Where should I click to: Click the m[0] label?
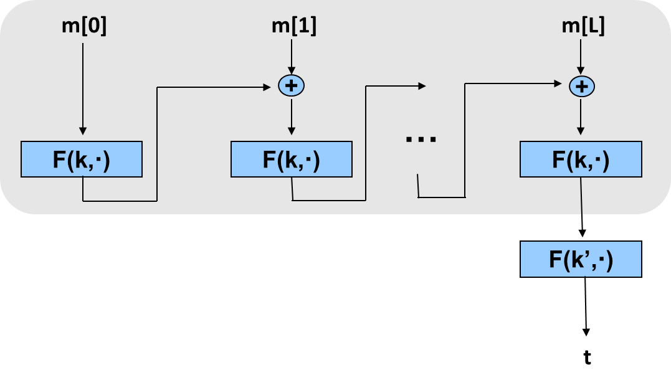point(83,27)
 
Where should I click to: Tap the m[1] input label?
point(293,27)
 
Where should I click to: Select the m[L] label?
point(583,27)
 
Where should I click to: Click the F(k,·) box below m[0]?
point(82,159)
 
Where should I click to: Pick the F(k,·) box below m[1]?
point(291,159)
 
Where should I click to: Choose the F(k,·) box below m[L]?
point(581,159)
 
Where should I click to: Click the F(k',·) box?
point(581,259)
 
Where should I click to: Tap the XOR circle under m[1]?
point(291,85)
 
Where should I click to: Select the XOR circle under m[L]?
point(581,86)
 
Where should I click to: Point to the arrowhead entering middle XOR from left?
point(273,87)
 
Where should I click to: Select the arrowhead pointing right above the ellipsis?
point(422,86)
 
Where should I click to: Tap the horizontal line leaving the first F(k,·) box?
point(119,201)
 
